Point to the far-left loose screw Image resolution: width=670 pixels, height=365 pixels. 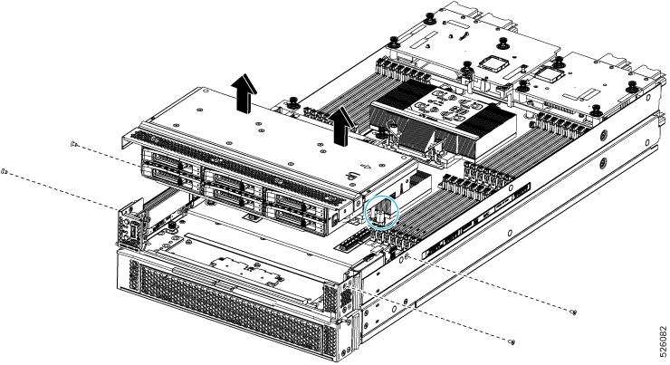tap(5, 170)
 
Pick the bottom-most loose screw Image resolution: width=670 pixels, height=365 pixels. tap(513, 342)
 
